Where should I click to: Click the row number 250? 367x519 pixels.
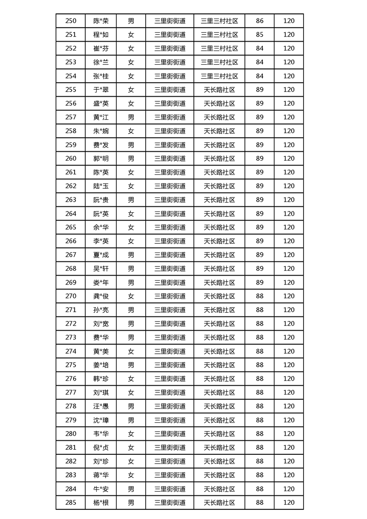tap(71, 21)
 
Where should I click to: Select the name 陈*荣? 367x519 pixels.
tap(101, 21)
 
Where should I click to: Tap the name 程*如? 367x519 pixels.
tap(101, 35)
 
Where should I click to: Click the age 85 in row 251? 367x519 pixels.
tap(260, 35)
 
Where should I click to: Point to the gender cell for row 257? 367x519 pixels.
tap(131, 117)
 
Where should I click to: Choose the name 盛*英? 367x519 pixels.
tap(101, 104)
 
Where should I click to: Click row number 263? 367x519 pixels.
tap(71, 200)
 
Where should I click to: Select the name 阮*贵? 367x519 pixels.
tap(101, 200)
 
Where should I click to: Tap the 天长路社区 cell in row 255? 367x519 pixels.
tap(219, 90)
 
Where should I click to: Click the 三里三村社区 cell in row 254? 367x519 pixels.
tap(219, 76)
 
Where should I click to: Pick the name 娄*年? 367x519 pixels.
tap(101, 282)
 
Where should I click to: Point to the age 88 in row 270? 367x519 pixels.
tap(260, 296)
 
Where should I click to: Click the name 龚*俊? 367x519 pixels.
tap(101, 296)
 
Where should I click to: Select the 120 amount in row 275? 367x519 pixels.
tap(289, 365)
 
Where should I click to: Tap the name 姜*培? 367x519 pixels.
tap(101, 365)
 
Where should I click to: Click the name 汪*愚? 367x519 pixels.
tap(101, 406)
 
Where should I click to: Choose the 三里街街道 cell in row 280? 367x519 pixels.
tap(170, 434)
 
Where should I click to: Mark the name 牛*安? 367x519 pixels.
tap(101, 489)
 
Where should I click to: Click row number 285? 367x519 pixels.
tap(71, 503)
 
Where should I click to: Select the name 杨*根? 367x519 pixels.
tap(101, 503)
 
